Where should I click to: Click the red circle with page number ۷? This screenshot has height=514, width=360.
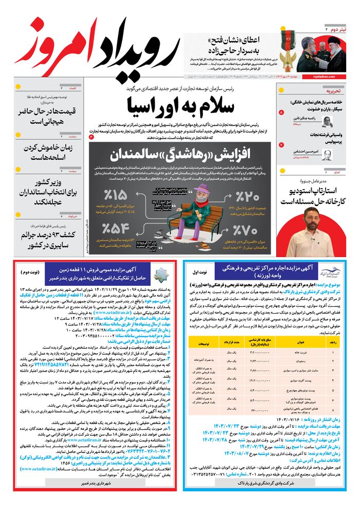click(x=281, y=145)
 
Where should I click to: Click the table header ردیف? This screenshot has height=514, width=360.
click(x=339, y=341)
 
